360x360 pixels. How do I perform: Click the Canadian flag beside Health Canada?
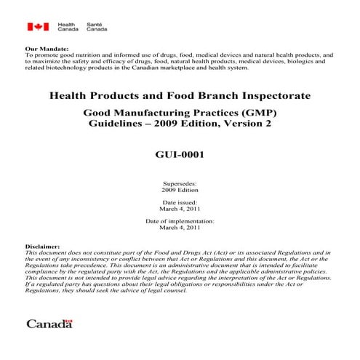[x=38, y=28]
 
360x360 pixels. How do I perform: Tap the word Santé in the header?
[x=95, y=24]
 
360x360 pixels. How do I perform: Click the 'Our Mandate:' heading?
[x=43, y=48]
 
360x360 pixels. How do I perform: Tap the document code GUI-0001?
[x=180, y=155]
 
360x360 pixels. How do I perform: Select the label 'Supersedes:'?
[x=180, y=185]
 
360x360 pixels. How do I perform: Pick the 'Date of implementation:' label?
[x=180, y=220]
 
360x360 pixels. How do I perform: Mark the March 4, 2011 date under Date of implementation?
[x=180, y=227]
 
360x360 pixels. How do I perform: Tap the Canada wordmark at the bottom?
[x=49, y=323]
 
